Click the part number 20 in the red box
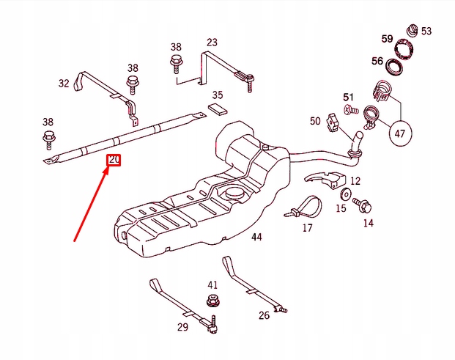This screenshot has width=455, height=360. tap(114, 160)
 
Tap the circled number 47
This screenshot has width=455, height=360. tap(401, 133)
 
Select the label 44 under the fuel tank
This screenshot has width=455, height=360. tap(256, 237)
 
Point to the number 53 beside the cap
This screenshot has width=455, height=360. tap(426, 31)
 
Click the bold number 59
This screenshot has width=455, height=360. tap(387, 38)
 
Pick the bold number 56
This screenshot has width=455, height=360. tap(377, 62)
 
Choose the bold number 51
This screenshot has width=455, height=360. tap(349, 97)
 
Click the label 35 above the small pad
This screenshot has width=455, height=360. tap(218, 95)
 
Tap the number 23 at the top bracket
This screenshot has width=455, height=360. tap(212, 43)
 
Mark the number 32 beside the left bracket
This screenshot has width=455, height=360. tap(64, 84)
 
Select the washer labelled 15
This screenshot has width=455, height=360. tap(345, 194)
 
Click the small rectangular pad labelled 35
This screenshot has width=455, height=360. tap(218, 109)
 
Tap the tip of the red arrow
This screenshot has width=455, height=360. tap(108, 168)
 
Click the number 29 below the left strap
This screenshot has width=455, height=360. tap(182, 327)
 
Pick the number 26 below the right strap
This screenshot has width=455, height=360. tap(264, 315)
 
